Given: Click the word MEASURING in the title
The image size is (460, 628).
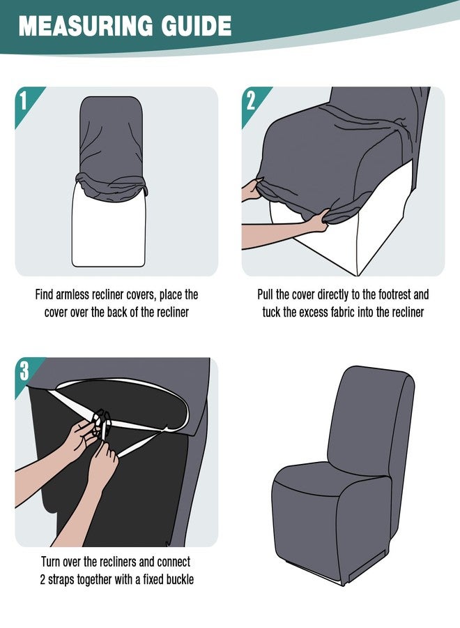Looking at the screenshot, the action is coord(86,26).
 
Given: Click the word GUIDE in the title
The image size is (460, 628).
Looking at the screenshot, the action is coord(197,26).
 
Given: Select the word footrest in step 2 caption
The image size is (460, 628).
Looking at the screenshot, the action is coord(387,294).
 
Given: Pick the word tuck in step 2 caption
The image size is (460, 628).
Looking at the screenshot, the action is coord(271,313).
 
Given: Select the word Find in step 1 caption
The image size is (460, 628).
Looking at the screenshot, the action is coord(44,294).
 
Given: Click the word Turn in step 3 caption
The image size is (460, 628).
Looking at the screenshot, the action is coord(50,562).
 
